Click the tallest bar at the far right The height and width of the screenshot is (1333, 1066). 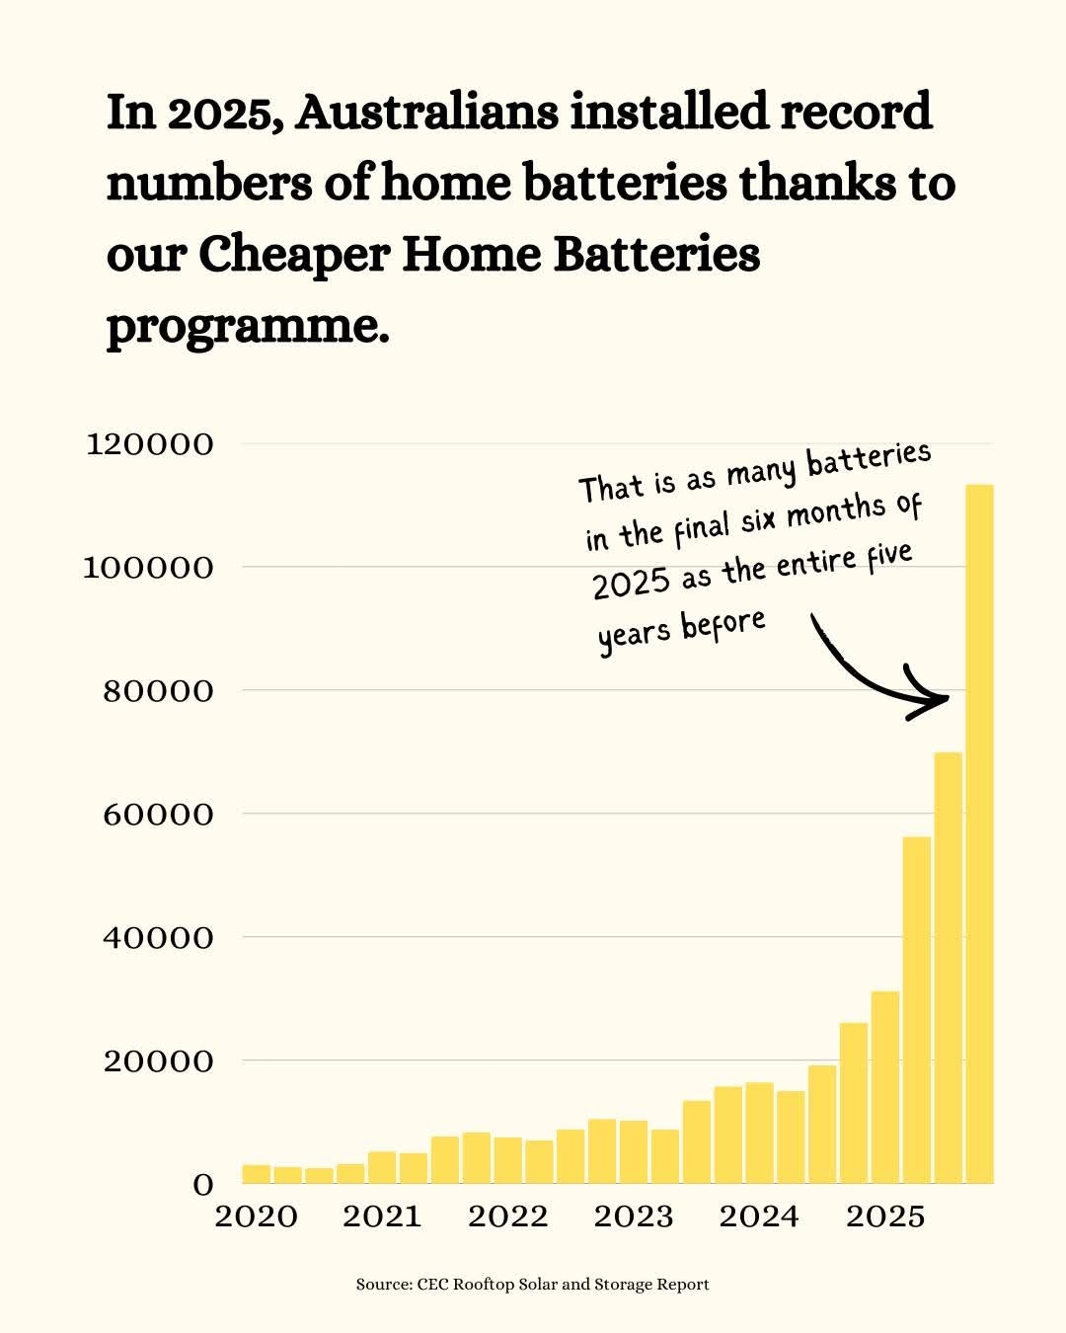coord(979,834)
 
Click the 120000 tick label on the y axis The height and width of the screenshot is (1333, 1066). coord(150,444)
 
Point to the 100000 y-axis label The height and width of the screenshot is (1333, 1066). coord(150,568)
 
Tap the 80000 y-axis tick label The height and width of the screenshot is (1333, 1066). coord(158,691)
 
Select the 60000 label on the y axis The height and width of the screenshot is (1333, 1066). coord(158,815)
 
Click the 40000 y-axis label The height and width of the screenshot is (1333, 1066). coord(158,938)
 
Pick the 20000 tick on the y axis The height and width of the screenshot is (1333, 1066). coord(158,1061)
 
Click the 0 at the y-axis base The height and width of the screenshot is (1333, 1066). coord(202,1185)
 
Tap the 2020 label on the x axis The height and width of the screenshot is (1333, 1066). coord(256,1216)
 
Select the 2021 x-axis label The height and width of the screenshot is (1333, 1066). coord(382,1216)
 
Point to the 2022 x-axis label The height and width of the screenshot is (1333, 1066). coord(507,1216)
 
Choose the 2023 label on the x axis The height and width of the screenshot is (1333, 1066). coord(634,1216)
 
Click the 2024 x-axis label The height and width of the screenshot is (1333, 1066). coord(759,1216)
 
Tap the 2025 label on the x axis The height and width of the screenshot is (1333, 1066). coord(885,1216)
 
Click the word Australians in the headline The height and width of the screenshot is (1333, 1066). coord(427,113)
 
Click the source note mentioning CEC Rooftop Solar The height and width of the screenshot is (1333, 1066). coord(533,1285)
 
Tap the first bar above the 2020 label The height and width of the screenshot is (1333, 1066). coord(257,1174)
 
